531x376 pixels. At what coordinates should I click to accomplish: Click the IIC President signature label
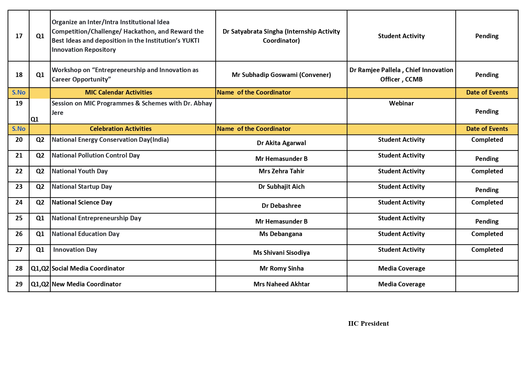(368, 323)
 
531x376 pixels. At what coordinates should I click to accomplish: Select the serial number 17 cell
(19, 36)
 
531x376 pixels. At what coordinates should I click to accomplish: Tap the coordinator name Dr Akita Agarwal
(281, 143)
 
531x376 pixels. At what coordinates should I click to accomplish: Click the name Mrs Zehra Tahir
(281, 171)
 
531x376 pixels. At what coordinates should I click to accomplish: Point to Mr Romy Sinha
(281, 268)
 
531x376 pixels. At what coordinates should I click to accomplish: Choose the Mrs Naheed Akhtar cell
(281, 284)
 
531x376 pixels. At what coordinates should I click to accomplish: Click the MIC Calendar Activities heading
(118, 92)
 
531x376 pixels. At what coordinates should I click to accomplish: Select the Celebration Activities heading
(120, 129)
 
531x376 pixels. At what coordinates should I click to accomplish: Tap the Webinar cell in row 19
(401, 103)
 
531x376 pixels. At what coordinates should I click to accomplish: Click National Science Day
(82, 202)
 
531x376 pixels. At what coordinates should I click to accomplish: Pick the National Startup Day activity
(82, 187)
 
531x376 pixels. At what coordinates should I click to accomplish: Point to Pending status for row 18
(487, 75)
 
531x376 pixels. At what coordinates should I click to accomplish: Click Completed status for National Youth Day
(487, 171)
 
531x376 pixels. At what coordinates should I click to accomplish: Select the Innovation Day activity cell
(75, 250)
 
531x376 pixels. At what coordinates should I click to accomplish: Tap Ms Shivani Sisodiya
(281, 253)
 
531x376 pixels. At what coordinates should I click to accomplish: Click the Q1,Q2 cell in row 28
(40, 268)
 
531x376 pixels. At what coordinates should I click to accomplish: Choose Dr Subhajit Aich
(281, 187)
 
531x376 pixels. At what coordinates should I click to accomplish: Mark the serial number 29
(19, 284)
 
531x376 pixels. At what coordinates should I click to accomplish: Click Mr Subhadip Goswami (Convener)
(281, 75)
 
